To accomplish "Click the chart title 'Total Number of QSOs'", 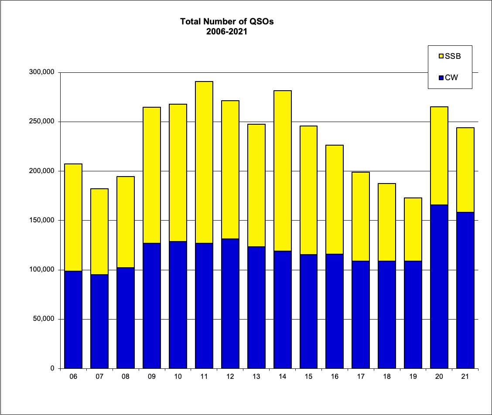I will [x=227, y=22].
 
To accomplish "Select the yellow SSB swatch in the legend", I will [x=441, y=56].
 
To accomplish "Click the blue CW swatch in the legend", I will [x=441, y=78].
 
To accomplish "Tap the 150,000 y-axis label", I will [x=43, y=221].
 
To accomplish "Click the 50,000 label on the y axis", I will [x=45, y=319].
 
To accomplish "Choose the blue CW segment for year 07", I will [x=99, y=321].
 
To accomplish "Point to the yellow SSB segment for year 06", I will [x=73, y=218].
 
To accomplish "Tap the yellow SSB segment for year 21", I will [x=465, y=170].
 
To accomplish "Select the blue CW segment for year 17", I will [x=361, y=314].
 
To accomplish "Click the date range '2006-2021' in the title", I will [x=227, y=31].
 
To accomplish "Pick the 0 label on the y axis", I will [x=52, y=368].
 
